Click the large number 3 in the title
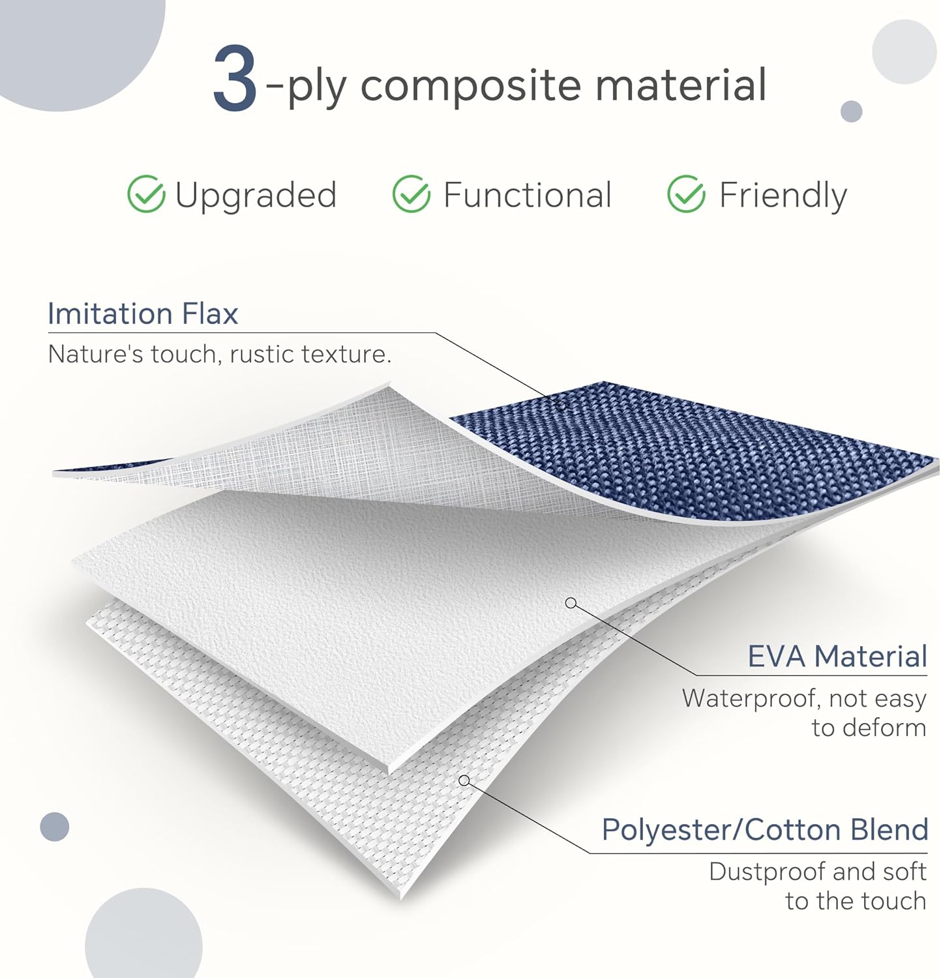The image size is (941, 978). [235, 79]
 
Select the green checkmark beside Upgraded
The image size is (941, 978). [145, 194]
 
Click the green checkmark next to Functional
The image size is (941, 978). [411, 194]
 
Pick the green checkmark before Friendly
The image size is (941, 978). [686, 194]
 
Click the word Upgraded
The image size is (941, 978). [256, 196]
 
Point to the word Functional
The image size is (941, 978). [527, 194]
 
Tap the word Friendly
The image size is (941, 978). [783, 196]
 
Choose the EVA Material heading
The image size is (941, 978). [837, 656]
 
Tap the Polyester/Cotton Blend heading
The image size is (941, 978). [764, 830]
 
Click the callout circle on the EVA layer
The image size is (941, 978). [571, 603]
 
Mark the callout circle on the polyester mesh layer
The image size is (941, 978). [464, 780]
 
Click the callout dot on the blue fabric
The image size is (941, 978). [561, 405]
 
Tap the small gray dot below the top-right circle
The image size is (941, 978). [852, 111]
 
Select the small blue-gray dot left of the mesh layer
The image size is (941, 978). [55, 827]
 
